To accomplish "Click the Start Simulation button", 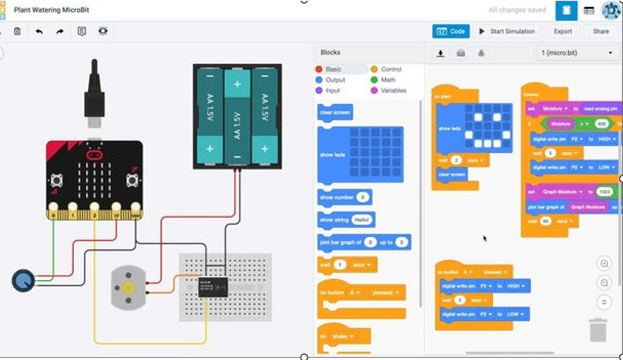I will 506,31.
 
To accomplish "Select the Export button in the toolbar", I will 562,31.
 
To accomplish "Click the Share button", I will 600,31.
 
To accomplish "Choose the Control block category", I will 390,69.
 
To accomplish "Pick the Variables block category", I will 393,91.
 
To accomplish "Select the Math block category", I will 388,80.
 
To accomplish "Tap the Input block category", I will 332,91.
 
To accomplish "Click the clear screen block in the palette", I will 335,112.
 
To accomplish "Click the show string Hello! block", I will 346,220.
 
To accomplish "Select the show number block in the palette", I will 344,198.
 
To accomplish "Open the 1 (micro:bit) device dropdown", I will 576,53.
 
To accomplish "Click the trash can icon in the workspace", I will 598,330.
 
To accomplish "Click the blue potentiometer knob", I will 23,280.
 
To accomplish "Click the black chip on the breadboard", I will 213,286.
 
